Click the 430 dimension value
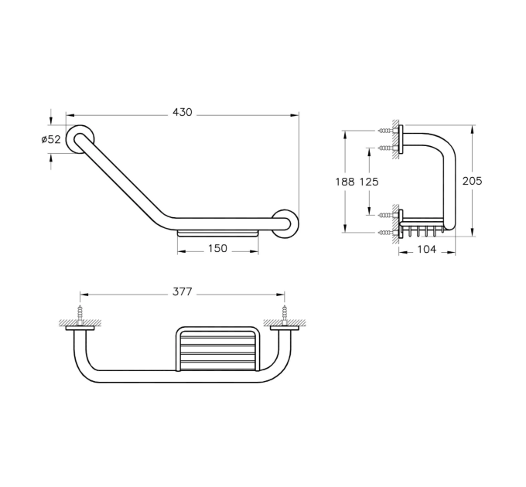point(183,112)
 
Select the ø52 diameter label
point(51,139)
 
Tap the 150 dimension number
point(217,248)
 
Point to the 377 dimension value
point(183,292)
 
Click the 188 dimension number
point(345,182)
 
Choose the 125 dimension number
point(369,182)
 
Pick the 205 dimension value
point(473,181)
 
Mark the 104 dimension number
point(427,249)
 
